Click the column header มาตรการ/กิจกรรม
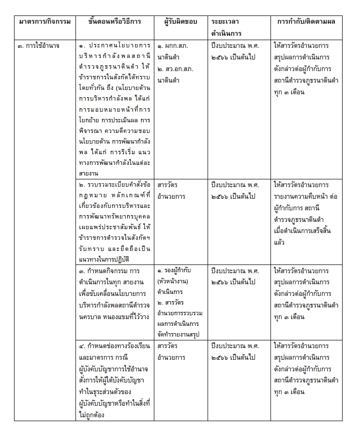point(45,22)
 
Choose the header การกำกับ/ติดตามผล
point(306,22)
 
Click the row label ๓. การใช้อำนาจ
point(39,46)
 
